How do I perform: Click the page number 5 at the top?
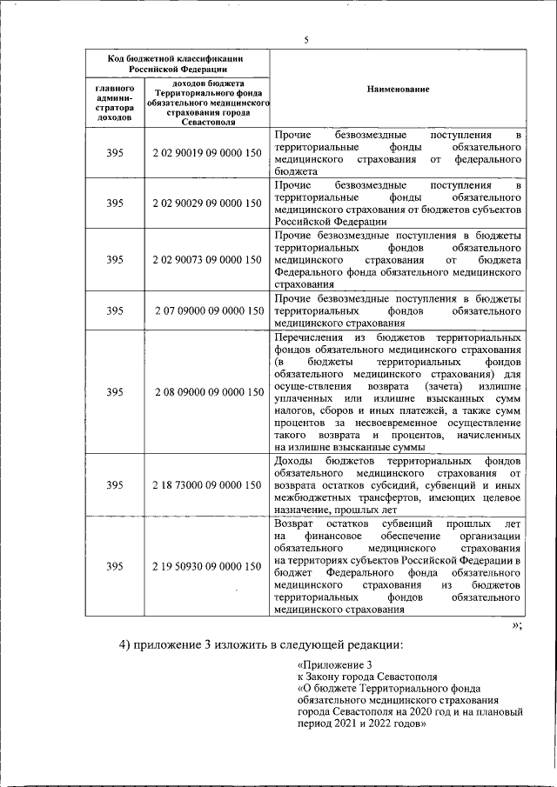[x=306, y=39]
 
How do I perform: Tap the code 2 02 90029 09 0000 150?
[x=206, y=203]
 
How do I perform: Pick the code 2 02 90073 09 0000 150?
[x=206, y=259]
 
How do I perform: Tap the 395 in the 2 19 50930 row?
[x=115, y=566]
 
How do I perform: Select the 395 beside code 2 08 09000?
[x=115, y=391]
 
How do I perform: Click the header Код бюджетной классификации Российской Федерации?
[x=178, y=63]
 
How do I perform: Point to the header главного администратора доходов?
[x=115, y=102]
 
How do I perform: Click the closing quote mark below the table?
[x=516, y=626]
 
